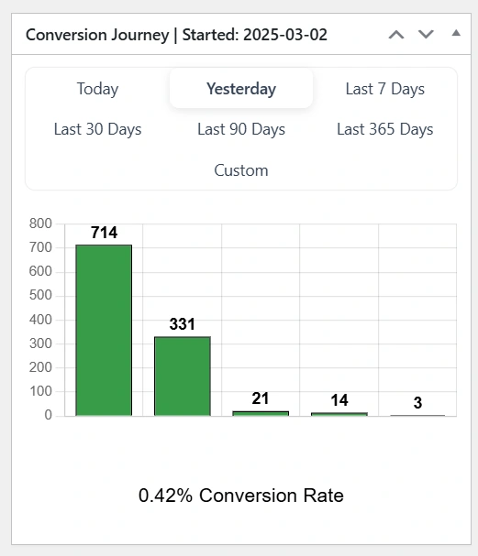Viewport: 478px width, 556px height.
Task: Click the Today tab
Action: [x=97, y=89]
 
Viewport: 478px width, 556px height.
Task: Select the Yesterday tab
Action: [x=241, y=89]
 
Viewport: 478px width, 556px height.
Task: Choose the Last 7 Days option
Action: [x=385, y=89]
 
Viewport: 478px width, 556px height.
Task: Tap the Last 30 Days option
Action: [x=97, y=129]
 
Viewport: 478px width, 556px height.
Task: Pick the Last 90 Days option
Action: [x=241, y=129]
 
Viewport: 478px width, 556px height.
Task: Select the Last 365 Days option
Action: [x=385, y=129]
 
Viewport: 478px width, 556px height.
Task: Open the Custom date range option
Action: [x=241, y=170]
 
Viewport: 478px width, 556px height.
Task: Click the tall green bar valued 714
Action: [x=104, y=330]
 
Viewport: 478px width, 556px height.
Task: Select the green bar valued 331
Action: [x=183, y=376]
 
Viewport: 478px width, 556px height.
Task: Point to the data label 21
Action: [x=261, y=398]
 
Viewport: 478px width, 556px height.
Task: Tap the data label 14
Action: [x=339, y=400]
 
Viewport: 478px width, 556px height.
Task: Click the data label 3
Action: [x=417, y=402]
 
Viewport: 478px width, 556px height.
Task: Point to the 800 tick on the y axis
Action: [x=40, y=223]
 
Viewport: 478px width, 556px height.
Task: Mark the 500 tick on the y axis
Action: [x=40, y=295]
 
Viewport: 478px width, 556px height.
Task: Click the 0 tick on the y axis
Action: [x=49, y=415]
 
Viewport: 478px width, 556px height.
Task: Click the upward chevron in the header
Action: [x=396, y=35]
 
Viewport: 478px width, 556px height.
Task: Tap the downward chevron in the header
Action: [x=426, y=35]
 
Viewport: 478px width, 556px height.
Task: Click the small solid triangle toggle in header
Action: [x=456, y=33]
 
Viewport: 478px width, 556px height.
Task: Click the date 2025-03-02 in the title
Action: [x=285, y=35]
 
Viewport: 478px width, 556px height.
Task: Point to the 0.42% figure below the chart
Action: [x=165, y=496]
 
